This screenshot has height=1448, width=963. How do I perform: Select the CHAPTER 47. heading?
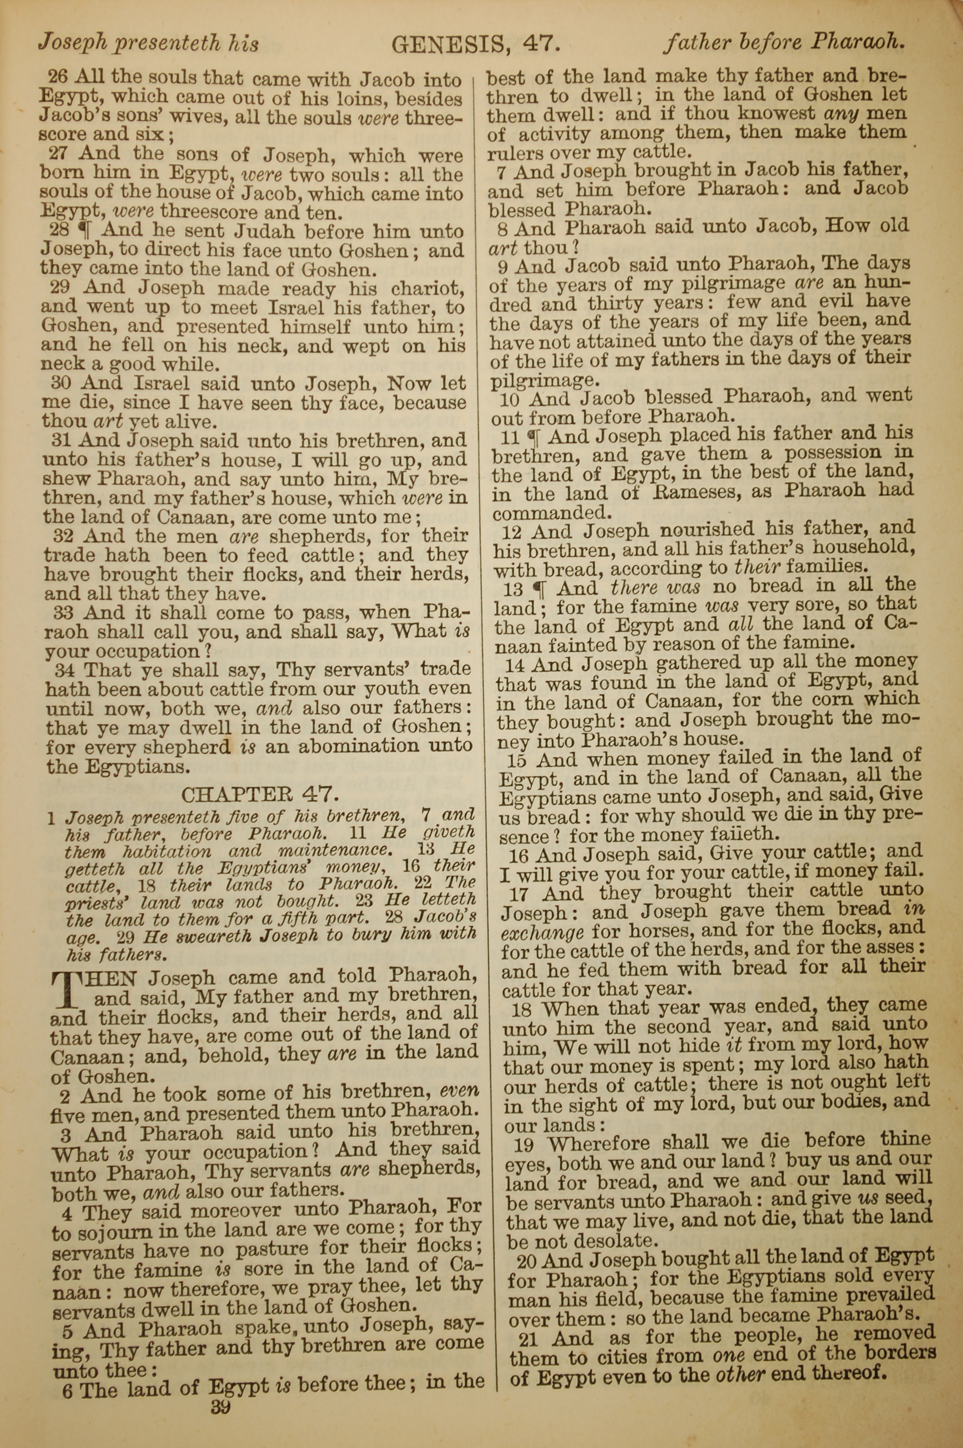(x=260, y=794)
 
